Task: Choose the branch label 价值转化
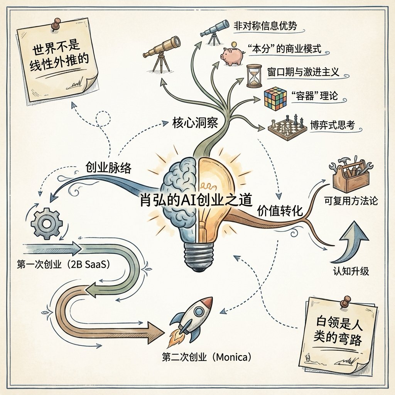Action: click(280, 211)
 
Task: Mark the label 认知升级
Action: click(351, 271)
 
